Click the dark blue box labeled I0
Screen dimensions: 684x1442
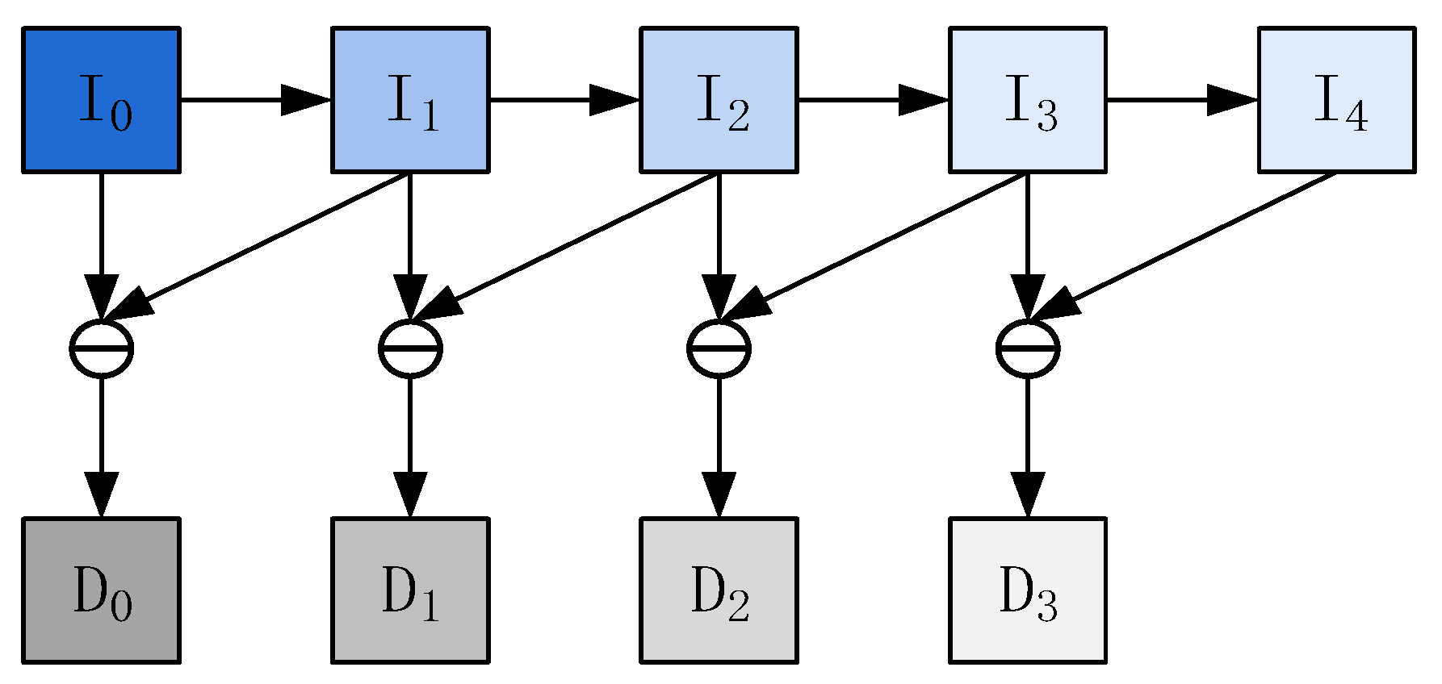(x=101, y=100)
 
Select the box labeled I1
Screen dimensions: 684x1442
(x=410, y=100)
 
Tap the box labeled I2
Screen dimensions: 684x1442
(x=719, y=100)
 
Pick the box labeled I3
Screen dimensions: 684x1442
(x=1027, y=100)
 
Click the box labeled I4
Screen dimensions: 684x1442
(x=1336, y=100)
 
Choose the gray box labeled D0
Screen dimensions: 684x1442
(x=101, y=590)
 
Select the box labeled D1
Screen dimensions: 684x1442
(x=410, y=590)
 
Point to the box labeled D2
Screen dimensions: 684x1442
(x=719, y=590)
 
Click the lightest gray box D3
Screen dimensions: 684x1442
(x=1027, y=590)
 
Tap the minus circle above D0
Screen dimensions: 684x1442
(x=101, y=348)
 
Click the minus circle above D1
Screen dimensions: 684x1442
(x=410, y=348)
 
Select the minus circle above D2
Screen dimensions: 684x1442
(x=719, y=348)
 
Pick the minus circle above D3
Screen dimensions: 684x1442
(x=1027, y=348)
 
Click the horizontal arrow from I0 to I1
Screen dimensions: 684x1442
(x=254, y=100)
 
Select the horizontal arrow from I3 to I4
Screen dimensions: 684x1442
(x=1180, y=100)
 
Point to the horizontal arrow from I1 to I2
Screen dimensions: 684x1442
(x=564, y=100)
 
